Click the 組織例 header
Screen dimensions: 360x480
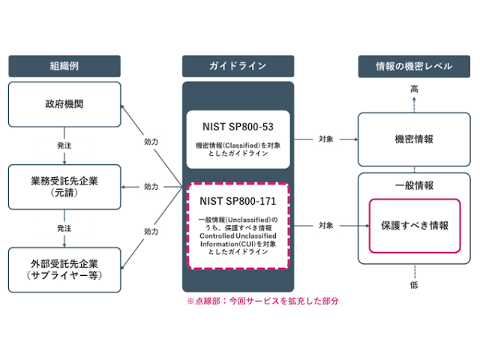tap(64, 66)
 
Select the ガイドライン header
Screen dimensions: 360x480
tap(238, 66)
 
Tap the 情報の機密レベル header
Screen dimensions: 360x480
tap(414, 66)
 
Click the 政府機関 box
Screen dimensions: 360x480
tap(64, 105)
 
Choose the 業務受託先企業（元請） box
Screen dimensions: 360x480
tap(64, 186)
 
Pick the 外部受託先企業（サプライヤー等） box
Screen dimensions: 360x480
tap(64, 269)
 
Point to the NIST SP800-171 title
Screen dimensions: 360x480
tap(238, 200)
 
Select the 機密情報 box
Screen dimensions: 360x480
tap(414, 139)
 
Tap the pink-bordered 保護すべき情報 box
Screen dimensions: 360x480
tap(414, 225)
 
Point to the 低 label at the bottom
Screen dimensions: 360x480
tap(414, 285)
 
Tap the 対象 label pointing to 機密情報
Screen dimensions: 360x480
tap(325, 139)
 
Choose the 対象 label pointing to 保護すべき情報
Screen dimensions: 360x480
tap(325, 225)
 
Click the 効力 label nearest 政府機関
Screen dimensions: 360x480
tap(151, 140)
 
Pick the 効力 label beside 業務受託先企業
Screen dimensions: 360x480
tap(151, 186)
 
